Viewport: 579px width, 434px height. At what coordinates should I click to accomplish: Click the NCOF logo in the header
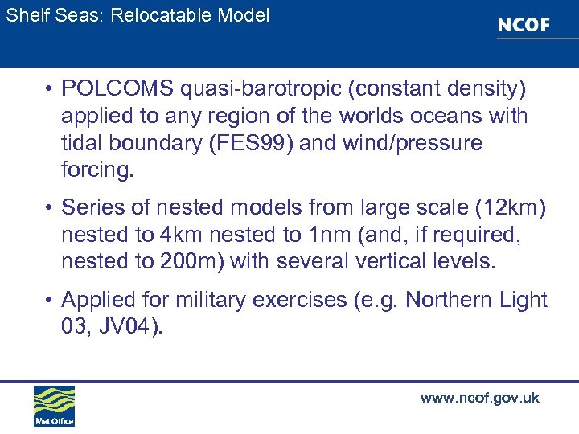coord(524,25)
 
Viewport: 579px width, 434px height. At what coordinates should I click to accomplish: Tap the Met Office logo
coord(54,406)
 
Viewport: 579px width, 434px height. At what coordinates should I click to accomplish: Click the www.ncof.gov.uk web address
coord(479,398)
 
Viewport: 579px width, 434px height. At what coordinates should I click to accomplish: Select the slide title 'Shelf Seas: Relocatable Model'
coord(138,15)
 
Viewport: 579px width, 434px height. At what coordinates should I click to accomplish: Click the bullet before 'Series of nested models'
coord(50,208)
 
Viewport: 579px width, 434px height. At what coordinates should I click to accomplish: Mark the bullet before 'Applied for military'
coord(50,301)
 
